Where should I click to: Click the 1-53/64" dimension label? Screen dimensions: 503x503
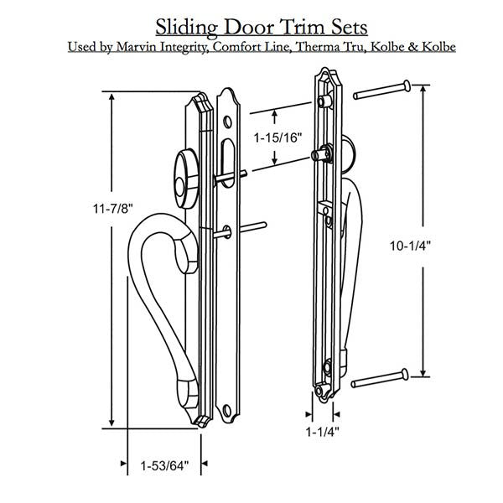click(158, 464)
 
